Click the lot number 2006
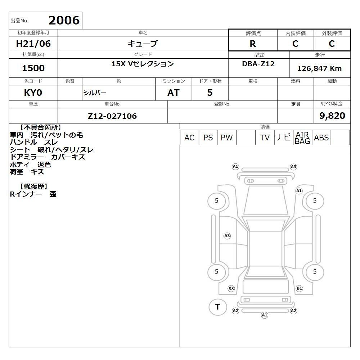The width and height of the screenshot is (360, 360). (64, 20)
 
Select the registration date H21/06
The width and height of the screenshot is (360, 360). (33, 44)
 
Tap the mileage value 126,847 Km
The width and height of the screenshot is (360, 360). (319, 68)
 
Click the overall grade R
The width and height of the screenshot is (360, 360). (253, 44)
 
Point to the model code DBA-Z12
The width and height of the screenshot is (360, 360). (258, 64)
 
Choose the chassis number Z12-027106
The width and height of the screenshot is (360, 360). (112, 116)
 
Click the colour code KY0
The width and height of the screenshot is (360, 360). (33, 93)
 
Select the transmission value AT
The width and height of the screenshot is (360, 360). (174, 93)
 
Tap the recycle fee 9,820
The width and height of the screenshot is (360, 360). (332, 116)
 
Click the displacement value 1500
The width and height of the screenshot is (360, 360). (33, 68)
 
